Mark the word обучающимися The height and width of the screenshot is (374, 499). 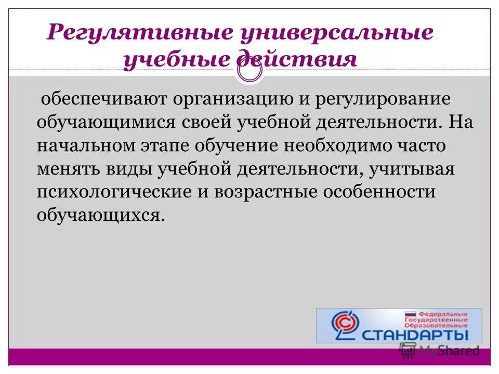click(107, 123)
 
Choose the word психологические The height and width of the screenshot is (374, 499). click(117, 192)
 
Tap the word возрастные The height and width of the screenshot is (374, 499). click(273, 192)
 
